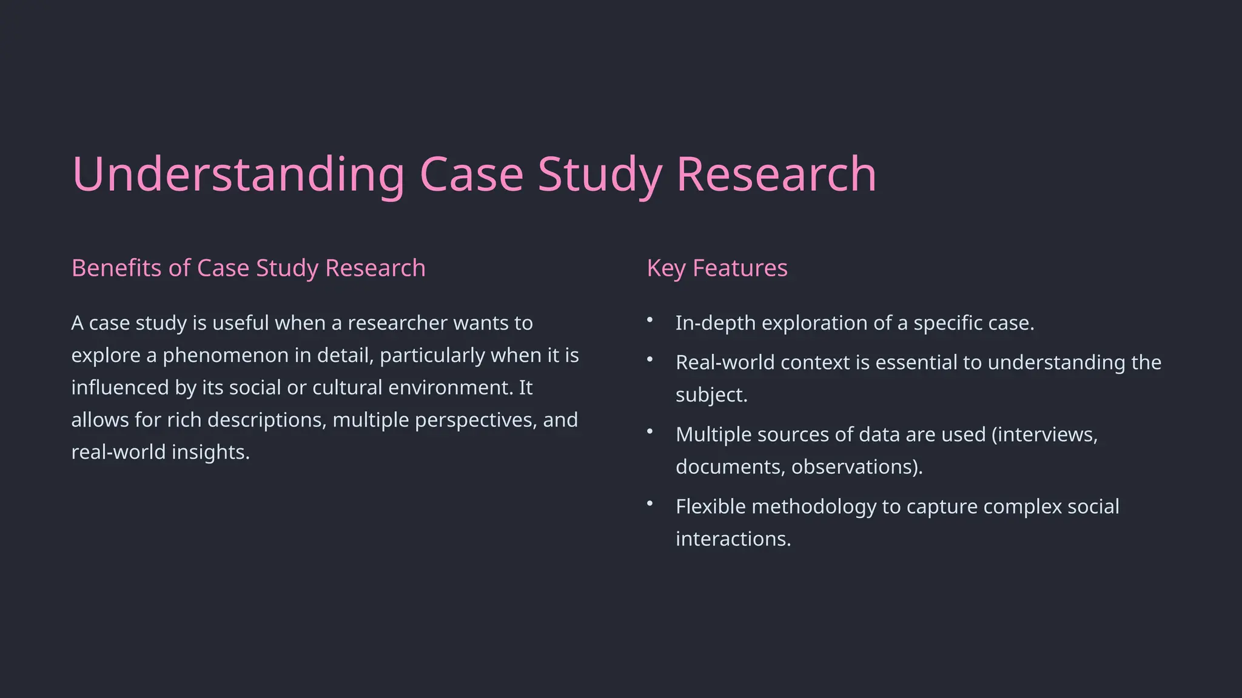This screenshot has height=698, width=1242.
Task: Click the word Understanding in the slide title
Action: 238,174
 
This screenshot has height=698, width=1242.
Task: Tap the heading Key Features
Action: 717,268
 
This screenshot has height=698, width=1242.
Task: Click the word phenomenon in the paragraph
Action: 225,356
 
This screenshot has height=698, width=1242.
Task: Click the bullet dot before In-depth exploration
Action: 650,319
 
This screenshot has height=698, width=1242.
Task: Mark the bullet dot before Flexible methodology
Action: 650,503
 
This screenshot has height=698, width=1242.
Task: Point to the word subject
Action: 711,395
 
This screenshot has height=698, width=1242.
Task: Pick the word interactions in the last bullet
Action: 733,539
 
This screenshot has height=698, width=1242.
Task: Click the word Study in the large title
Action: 599,174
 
